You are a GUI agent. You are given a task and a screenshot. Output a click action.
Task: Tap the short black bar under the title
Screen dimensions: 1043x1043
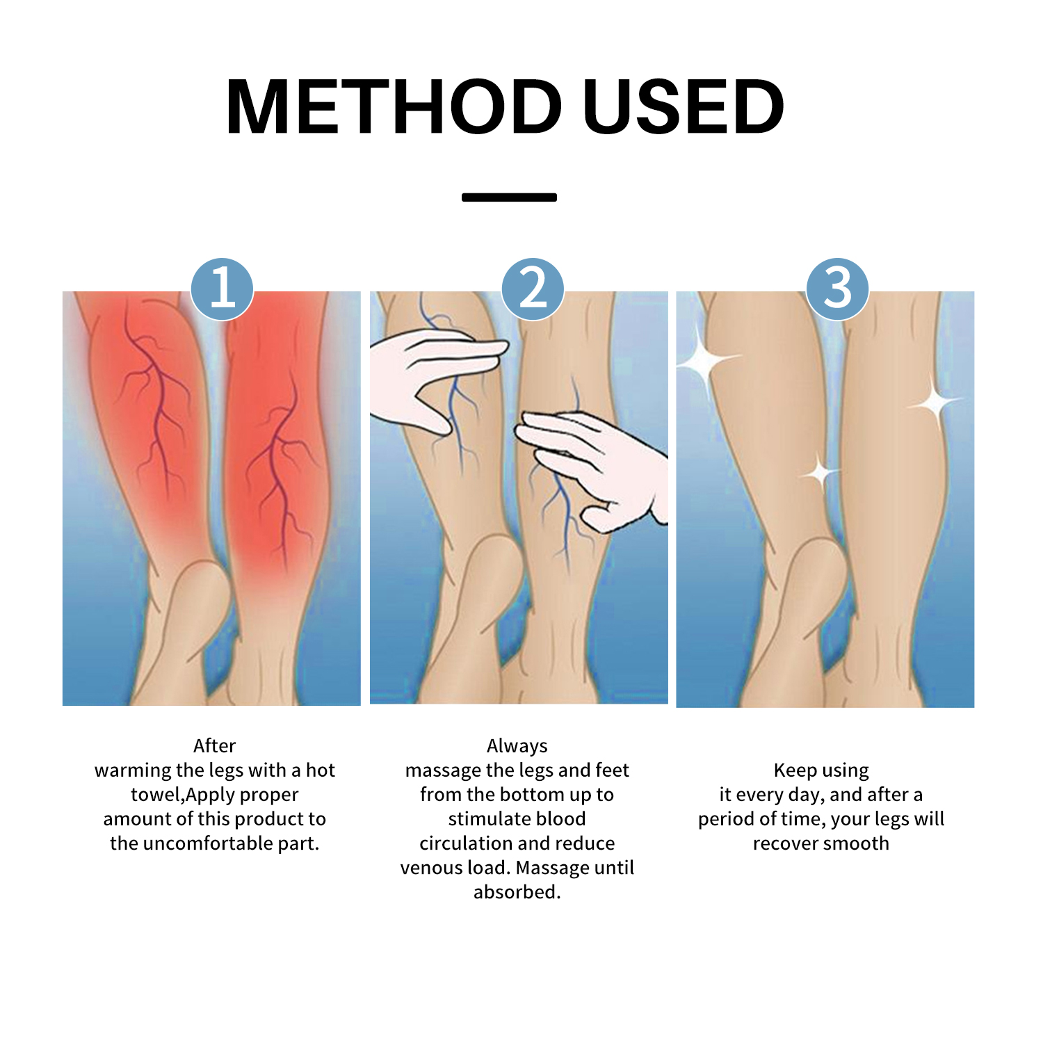tap(509, 197)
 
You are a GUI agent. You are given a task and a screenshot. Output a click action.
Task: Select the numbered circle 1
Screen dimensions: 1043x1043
tap(223, 289)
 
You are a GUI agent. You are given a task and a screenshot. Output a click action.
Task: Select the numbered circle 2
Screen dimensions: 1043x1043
tap(533, 289)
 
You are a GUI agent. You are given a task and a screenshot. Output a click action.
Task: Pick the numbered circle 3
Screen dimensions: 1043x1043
tap(837, 289)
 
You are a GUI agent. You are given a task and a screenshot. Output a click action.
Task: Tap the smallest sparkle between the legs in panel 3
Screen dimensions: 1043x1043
tap(821, 474)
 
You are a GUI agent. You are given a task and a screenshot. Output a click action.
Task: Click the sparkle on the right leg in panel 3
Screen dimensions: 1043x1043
tap(935, 401)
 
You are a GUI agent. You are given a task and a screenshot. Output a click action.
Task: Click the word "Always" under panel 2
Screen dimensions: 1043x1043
tap(517, 747)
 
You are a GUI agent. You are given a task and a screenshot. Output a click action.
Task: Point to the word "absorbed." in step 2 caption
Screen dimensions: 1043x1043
tap(517, 892)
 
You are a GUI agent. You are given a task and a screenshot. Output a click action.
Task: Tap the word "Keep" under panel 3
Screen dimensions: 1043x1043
tap(795, 771)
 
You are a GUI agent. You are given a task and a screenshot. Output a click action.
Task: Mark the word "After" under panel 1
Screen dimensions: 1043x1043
tap(215, 746)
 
